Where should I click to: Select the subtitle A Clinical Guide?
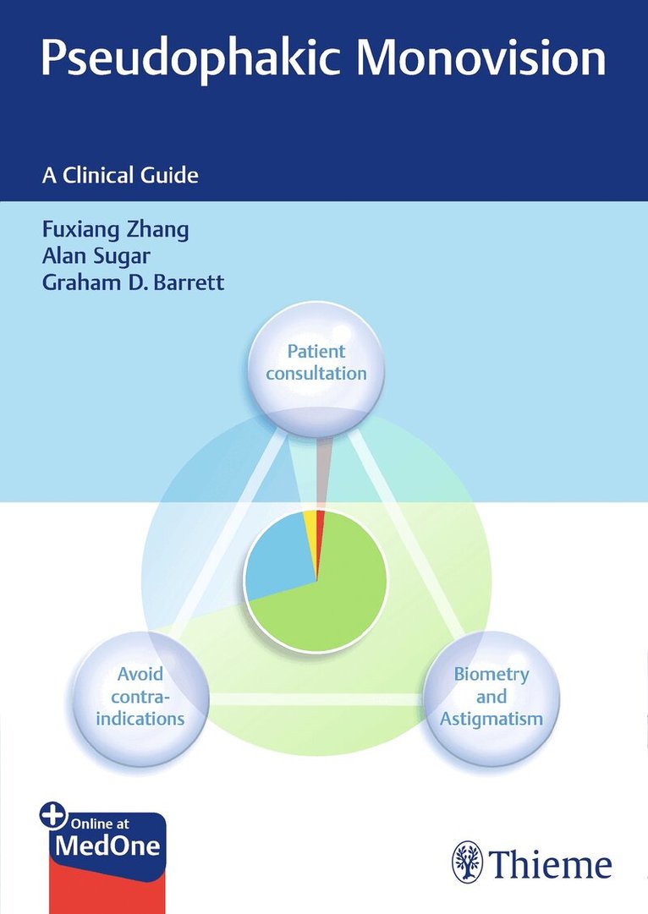pos(119,176)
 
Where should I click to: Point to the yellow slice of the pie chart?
pos(310,524)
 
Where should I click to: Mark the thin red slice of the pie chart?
pos(320,524)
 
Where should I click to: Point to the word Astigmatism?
pos(491,720)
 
